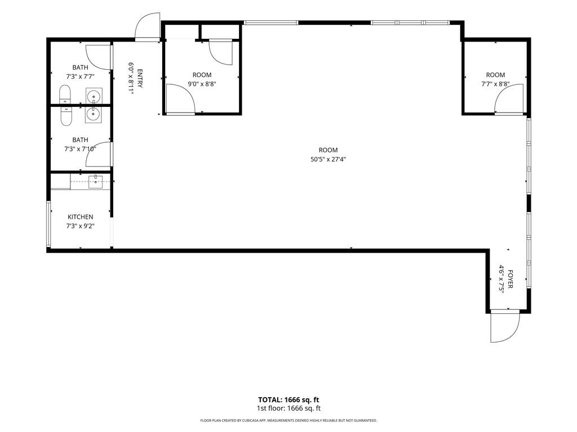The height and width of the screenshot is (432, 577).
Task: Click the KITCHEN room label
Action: tap(80, 217)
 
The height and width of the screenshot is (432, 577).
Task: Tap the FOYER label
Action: tap(510, 279)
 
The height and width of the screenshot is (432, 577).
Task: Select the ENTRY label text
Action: tap(140, 78)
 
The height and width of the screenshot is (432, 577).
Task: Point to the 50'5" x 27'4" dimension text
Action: tap(328, 159)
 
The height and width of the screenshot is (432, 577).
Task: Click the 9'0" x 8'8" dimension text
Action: tap(202, 84)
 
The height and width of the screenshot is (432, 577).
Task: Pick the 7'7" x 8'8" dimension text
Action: tap(495, 84)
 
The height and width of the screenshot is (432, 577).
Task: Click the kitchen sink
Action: tap(95, 182)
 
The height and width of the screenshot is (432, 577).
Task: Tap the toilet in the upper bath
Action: tap(65, 94)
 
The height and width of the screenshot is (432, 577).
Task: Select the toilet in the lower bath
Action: tap(66, 116)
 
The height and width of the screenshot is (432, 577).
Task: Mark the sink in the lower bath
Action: tap(94, 114)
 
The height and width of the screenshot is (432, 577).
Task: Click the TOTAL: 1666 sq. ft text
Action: tap(288, 400)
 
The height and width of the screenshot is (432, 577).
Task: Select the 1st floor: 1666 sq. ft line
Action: tap(288, 408)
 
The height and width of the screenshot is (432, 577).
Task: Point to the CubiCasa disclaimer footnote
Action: tap(288, 420)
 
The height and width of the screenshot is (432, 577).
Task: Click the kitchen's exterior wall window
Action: tap(48, 224)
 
